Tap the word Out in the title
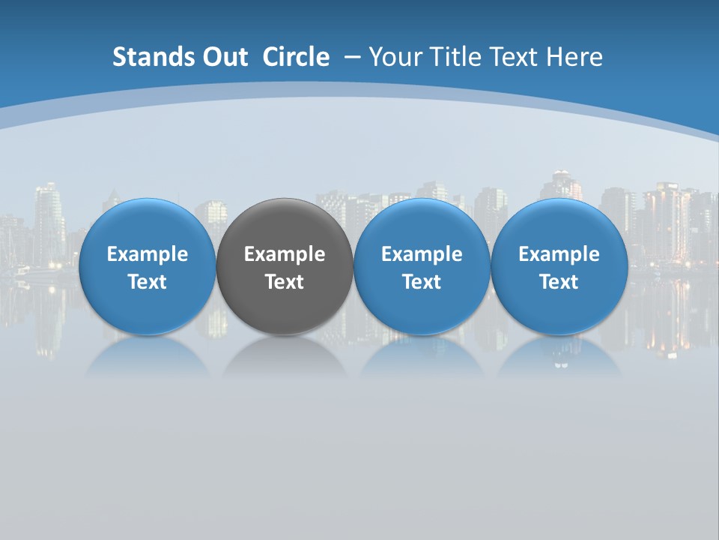point(219,57)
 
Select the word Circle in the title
point(296,57)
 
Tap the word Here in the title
point(574,57)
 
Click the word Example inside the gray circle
point(285,254)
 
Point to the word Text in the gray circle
point(285,282)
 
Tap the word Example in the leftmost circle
point(147,254)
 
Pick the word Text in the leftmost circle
point(147,282)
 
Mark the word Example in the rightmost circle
point(559,254)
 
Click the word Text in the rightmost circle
point(559,282)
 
